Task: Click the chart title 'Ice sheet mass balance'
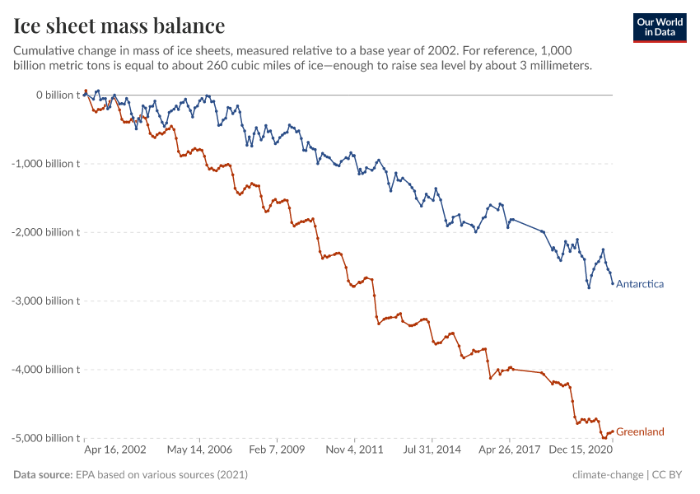pos(119,26)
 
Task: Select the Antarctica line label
pos(640,284)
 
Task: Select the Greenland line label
pos(640,431)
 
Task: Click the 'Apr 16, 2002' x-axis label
pos(115,451)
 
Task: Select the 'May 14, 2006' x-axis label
pos(199,451)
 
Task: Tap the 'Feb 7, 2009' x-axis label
pos(276,451)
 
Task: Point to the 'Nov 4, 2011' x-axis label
pos(354,451)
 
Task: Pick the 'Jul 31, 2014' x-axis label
pos(432,451)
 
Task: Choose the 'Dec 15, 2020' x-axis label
pos(582,451)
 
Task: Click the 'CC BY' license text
pos(672,475)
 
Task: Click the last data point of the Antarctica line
pos(613,284)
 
